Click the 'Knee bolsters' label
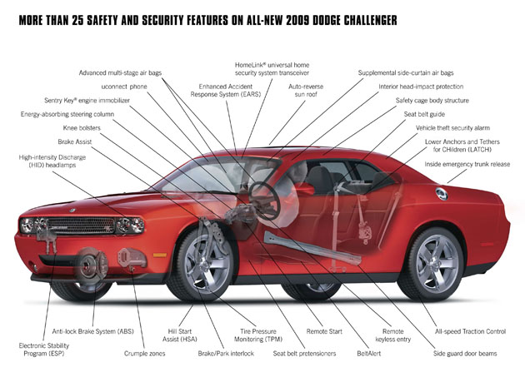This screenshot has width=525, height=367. [x=82, y=128]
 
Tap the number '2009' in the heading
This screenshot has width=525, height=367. [x=280, y=17]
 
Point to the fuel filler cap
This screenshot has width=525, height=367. [x=441, y=193]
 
